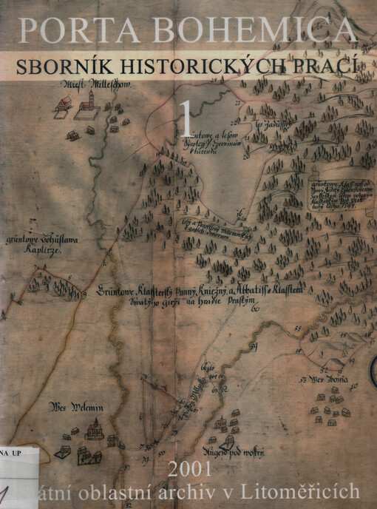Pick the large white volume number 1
188,118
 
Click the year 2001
190,469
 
